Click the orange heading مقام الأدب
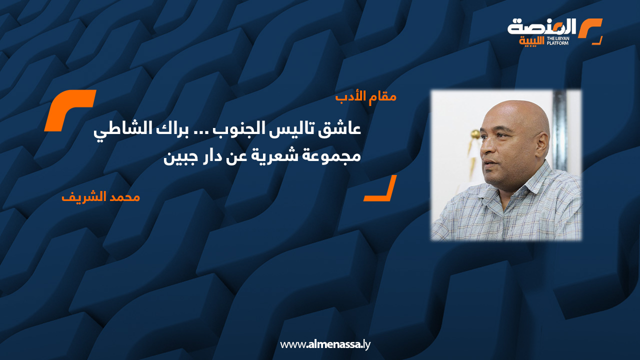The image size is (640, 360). point(366,96)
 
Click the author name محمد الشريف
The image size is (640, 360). point(100,196)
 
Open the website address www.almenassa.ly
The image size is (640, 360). point(325,344)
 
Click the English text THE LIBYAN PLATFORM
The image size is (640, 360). point(558,40)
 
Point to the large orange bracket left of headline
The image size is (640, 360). point(69,110)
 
